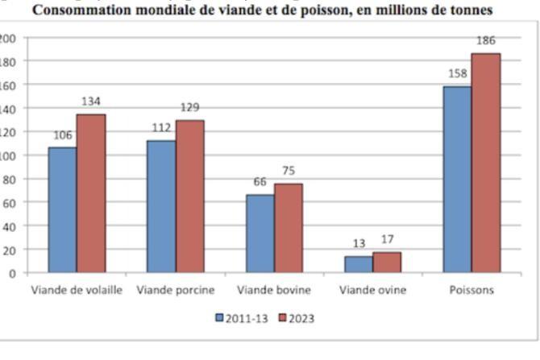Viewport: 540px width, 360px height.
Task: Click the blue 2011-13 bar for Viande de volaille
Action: (62, 210)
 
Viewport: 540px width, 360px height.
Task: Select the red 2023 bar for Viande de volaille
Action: (91, 193)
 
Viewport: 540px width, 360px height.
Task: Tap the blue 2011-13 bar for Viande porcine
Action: (161, 207)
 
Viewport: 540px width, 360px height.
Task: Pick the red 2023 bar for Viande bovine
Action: (289, 228)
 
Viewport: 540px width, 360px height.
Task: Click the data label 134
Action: (91, 102)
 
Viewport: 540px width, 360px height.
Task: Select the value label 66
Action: (260, 183)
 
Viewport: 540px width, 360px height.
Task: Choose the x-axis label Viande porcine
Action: (175, 290)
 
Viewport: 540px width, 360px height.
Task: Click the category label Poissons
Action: (471, 290)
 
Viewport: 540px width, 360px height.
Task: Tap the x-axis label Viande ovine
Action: (372, 290)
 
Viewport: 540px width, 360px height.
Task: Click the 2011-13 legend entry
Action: (243, 318)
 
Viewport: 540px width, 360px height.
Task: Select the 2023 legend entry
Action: (296, 318)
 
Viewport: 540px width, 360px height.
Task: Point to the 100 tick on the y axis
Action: (7, 155)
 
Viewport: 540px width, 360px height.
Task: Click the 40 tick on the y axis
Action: (10, 226)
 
